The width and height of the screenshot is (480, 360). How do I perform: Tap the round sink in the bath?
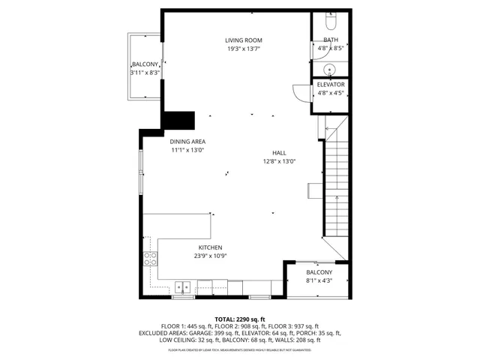331,70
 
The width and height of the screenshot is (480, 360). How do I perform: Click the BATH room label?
331,40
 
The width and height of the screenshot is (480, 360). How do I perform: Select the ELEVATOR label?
331,85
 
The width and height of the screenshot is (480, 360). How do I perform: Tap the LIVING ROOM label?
244,40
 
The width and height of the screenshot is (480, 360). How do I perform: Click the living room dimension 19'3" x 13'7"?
244,49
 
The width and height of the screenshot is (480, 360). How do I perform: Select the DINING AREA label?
187,141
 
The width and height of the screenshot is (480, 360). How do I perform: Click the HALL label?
279,151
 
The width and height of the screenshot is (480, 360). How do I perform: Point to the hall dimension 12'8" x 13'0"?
279,161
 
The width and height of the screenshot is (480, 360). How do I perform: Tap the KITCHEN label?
210,247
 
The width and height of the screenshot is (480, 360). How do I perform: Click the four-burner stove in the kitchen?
151,259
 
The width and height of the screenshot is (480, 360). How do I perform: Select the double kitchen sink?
182,286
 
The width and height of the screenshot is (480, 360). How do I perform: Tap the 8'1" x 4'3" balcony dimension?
319,281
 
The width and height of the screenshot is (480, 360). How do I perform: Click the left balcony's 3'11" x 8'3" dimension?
145,73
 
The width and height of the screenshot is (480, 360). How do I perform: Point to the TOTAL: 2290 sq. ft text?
240,319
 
